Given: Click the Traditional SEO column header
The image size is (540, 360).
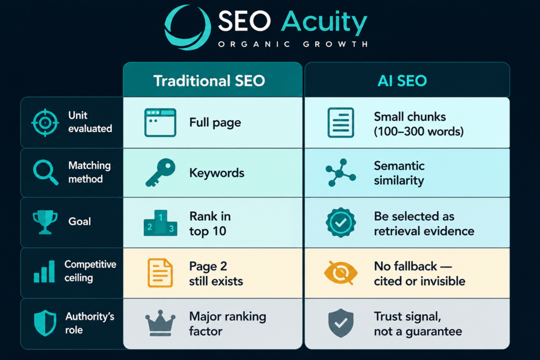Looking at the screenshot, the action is (209, 81).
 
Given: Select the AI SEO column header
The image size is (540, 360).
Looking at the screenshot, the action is (402, 81).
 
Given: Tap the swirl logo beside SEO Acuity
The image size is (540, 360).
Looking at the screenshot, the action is (187, 27).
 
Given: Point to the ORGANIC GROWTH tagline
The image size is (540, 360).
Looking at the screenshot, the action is (293, 44).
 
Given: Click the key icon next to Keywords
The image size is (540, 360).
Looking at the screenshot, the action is (160, 172).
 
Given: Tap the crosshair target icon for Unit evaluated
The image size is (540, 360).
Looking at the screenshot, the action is (45, 122).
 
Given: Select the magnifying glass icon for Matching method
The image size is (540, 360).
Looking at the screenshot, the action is (45, 172).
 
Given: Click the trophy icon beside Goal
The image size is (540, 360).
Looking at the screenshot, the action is (45, 222).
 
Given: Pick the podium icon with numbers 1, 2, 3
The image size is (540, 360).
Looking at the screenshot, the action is (160, 223).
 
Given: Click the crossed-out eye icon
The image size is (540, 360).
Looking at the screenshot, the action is (341, 273).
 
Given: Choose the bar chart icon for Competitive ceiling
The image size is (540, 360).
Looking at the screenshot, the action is (44, 271).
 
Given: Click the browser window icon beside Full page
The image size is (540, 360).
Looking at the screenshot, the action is (160, 122).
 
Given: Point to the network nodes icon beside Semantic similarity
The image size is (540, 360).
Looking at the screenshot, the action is (341, 172).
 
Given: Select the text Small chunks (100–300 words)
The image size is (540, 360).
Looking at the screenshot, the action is (419, 124).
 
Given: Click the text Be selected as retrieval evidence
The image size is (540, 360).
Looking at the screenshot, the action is (424, 223).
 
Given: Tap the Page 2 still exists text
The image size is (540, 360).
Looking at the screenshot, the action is (216, 274).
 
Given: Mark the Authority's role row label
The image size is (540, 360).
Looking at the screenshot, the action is (90, 323).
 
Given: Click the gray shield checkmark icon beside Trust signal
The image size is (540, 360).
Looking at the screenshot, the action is (341, 323).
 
